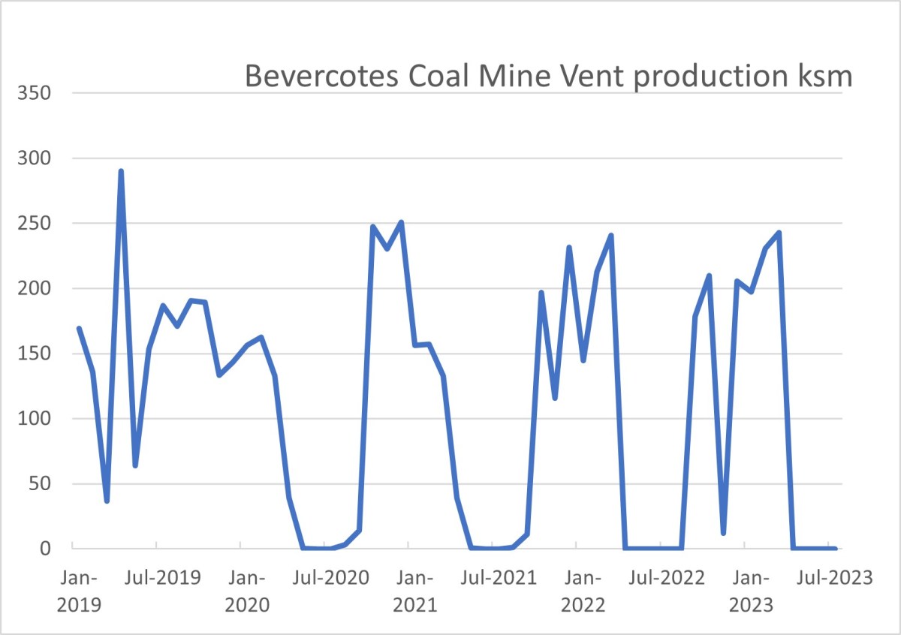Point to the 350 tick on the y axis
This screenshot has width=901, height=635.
(36, 94)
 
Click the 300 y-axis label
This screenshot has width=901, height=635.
(36, 159)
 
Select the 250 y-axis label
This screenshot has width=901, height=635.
(36, 224)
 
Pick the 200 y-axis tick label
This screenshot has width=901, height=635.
(36, 289)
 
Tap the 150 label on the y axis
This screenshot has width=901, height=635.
(36, 354)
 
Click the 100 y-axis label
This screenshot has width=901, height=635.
(36, 419)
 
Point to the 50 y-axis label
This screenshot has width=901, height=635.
(42, 483)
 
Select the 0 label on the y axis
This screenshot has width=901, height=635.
(47, 549)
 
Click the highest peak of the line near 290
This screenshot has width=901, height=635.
(121, 171)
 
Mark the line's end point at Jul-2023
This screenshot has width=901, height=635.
(835, 548)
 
